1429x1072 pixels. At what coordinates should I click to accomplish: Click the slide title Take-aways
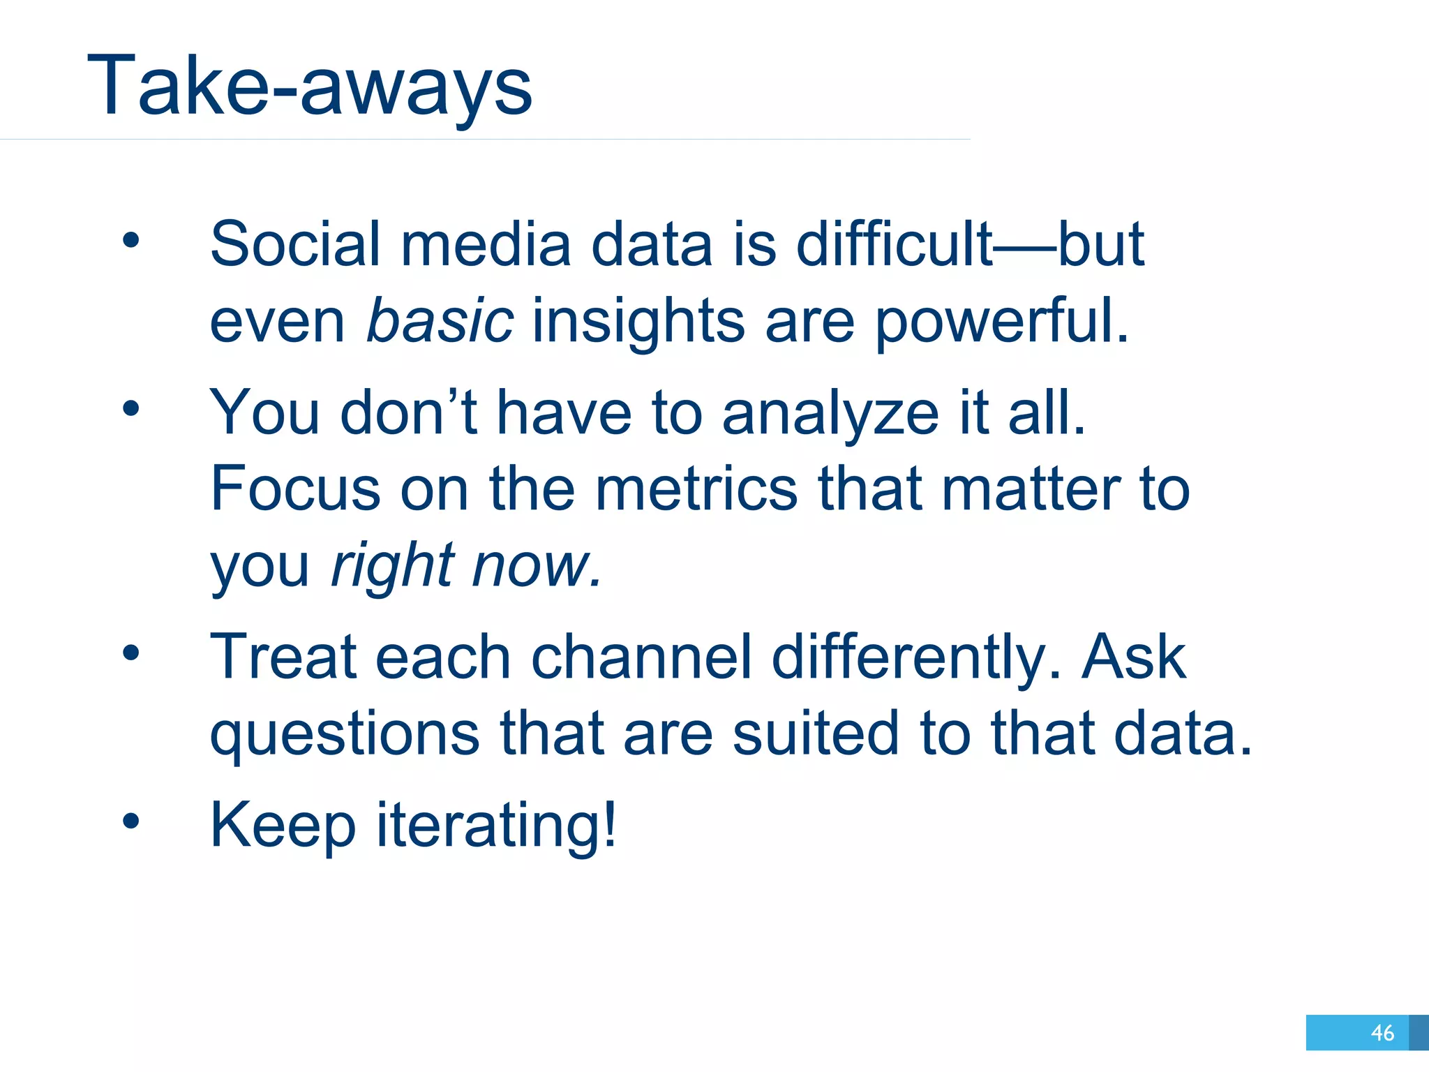(310, 87)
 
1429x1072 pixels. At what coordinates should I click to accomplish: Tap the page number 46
(1382, 1032)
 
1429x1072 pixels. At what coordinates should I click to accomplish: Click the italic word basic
(440, 321)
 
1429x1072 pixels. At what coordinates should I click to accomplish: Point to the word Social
(295, 244)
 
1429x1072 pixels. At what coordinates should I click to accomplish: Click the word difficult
(894, 244)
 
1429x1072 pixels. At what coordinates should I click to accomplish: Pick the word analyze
(830, 413)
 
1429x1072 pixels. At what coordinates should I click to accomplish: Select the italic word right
(392, 565)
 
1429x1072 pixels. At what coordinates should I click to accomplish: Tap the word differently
(915, 657)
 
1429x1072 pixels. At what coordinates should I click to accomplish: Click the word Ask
(1134, 657)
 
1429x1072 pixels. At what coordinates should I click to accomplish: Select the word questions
(345, 734)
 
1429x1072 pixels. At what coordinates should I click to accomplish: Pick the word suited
(816, 734)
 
